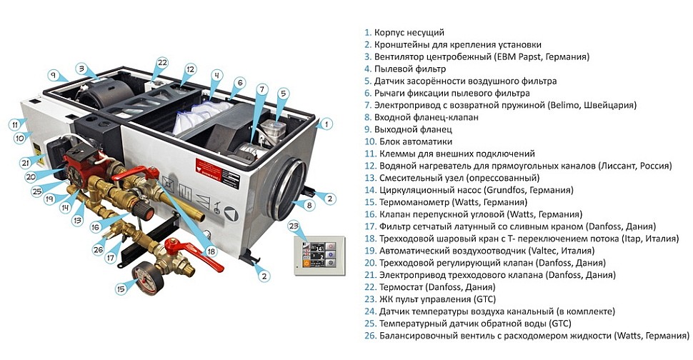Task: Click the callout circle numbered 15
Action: tap(120, 289)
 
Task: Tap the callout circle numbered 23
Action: tap(292, 225)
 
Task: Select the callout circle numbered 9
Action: tap(52, 74)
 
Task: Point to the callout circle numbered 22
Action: tap(162, 63)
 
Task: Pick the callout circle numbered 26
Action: tap(99, 249)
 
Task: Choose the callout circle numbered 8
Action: tap(309, 206)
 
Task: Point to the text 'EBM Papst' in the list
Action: tap(519, 56)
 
